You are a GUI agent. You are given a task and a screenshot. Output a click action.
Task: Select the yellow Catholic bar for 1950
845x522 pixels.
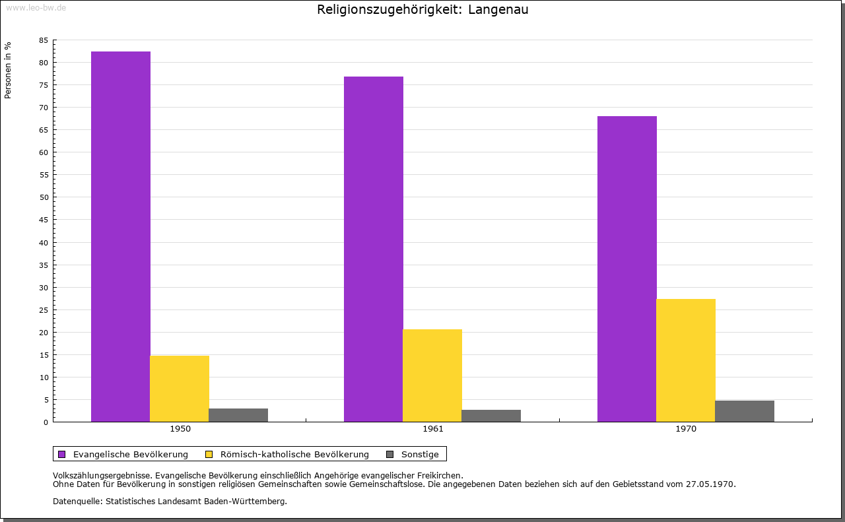(180, 389)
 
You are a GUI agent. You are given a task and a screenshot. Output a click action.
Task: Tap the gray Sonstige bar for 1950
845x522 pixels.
(238, 415)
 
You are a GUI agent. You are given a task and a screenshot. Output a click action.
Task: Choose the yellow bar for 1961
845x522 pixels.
(432, 375)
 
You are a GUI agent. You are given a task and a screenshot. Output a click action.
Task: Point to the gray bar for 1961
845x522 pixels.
(491, 416)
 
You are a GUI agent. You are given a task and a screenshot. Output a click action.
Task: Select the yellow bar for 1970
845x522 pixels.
(686, 360)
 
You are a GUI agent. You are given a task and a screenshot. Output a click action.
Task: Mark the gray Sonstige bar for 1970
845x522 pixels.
(745, 411)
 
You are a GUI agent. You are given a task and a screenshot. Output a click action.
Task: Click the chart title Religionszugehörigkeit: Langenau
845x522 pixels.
(422, 10)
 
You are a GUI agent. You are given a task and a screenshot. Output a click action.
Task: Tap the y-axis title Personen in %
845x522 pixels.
(8, 70)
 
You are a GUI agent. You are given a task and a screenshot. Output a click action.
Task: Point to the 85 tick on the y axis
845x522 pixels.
(44, 40)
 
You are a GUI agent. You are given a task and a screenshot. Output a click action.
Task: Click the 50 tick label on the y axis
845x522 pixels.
(44, 197)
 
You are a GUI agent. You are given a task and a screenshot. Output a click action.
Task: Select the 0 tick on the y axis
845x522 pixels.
(46, 422)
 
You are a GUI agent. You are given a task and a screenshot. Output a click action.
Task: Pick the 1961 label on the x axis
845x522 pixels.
(433, 429)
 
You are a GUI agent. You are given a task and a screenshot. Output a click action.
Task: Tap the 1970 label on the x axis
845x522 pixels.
(686, 429)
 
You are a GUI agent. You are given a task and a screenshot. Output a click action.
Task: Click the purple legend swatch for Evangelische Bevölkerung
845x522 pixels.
(62, 454)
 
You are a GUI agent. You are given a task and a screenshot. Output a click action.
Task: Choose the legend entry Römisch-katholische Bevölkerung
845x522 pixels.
(294, 454)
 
